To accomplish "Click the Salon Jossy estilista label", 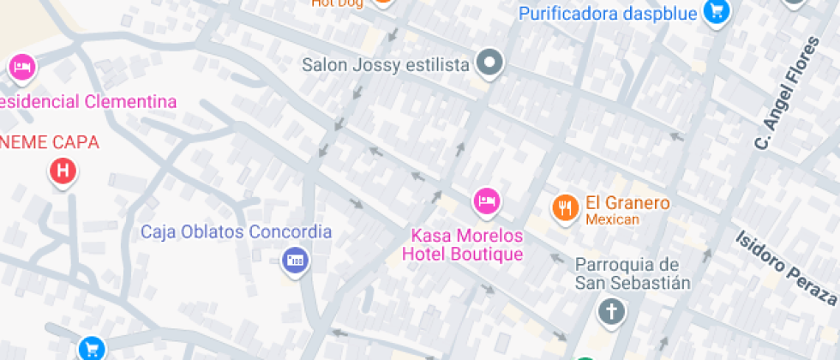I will tap(387, 65).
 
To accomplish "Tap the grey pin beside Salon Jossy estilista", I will tap(490, 63).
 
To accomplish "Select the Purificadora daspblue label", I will tap(609, 13).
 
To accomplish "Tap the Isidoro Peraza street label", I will tap(786, 267).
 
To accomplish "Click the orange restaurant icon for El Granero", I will tap(564, 207).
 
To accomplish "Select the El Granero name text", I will tap(627, 203).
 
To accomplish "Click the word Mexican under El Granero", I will tap(612, 219).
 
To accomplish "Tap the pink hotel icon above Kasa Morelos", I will tap(487, 201).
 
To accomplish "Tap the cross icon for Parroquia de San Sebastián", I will tap(611, 311).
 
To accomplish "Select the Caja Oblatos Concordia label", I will tap(236, 231).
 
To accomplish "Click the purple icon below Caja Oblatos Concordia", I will tap(295, 260).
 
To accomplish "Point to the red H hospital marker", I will tap(63, 171).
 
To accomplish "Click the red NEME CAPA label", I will tap(49, 142).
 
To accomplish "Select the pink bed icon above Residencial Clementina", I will tap(21, 67).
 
